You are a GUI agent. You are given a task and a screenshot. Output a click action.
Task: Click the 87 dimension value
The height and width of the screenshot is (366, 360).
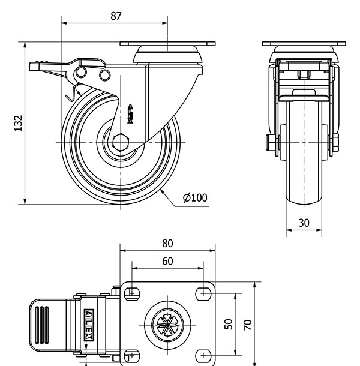point(116,16)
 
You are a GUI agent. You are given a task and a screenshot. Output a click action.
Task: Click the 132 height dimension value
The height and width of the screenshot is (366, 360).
point(18,123)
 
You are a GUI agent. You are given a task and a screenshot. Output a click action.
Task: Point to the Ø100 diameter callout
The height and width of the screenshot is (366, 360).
point(195,197)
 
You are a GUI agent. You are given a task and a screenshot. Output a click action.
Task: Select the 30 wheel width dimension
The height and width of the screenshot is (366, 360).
point(304,223)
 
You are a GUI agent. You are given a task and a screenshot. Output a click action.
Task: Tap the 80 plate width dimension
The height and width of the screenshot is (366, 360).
point(167,243)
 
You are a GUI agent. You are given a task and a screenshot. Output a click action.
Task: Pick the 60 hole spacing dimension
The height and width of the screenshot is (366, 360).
point(167,261)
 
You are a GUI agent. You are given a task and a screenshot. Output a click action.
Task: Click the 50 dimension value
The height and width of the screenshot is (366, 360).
point(228,324)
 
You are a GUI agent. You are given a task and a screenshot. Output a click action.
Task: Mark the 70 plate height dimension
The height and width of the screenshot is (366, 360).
point(247,325)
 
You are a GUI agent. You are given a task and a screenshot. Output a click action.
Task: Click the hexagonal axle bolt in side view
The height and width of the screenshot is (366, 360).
point(119,142)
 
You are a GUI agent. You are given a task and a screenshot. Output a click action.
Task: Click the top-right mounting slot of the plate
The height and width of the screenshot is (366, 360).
point(205,293)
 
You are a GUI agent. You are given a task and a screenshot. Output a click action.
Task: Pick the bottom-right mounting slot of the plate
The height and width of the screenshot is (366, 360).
point(205,356)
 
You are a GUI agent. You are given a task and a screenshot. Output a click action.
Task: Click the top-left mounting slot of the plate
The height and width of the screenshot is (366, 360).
point(130,293)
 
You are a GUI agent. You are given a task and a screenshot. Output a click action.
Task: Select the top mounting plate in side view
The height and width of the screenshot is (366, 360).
point(167,44)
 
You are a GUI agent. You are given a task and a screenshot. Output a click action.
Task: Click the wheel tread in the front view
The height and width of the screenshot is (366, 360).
point(304,168)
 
